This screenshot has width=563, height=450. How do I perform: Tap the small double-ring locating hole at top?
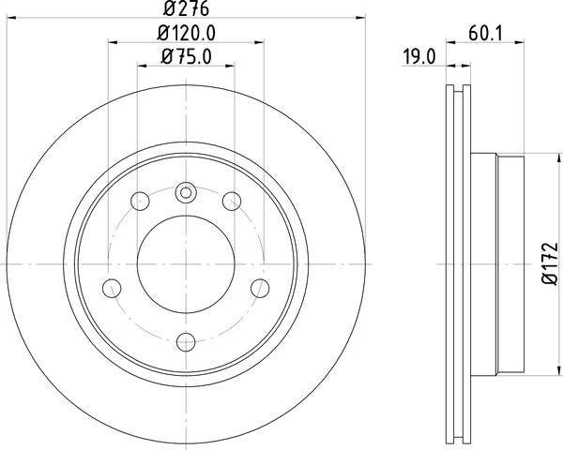coord(185,194)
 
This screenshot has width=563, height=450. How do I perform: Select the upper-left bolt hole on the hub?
coord(141,200)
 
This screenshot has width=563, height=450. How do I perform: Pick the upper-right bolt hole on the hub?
coord(230,200)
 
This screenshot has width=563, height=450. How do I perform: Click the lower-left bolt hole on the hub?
coord(112,287)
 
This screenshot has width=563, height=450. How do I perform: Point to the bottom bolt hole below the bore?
coord(185,340)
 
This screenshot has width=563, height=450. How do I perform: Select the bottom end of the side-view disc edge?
coord(455,439)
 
